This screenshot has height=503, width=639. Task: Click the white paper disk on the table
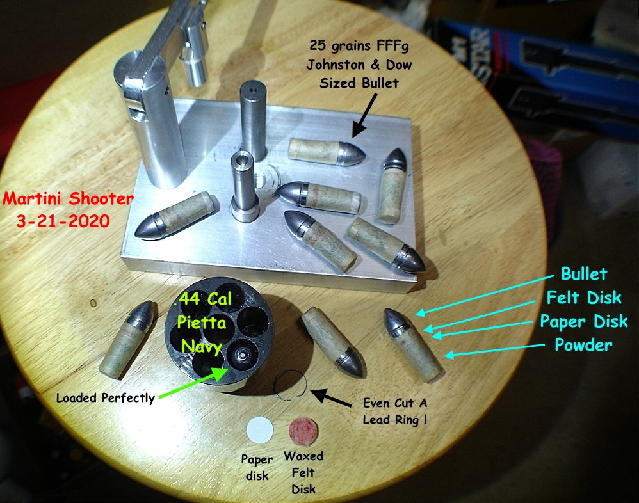(260, 429)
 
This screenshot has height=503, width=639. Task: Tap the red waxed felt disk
(303, 431)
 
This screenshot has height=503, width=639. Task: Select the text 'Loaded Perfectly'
(106, 398)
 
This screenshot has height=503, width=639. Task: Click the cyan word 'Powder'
(583, 345)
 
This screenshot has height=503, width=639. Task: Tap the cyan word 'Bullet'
(583, 274)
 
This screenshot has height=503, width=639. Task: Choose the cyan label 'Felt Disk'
(583, 297)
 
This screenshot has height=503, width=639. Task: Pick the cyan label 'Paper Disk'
(583, 321)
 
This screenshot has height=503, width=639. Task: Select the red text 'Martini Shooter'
(68, 198)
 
